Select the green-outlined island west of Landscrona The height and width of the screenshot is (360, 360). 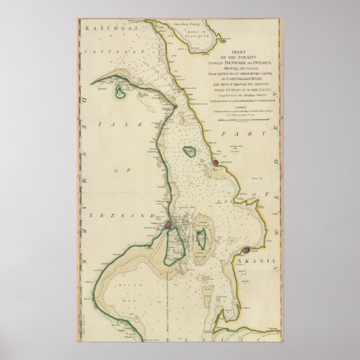click(190, 152)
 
